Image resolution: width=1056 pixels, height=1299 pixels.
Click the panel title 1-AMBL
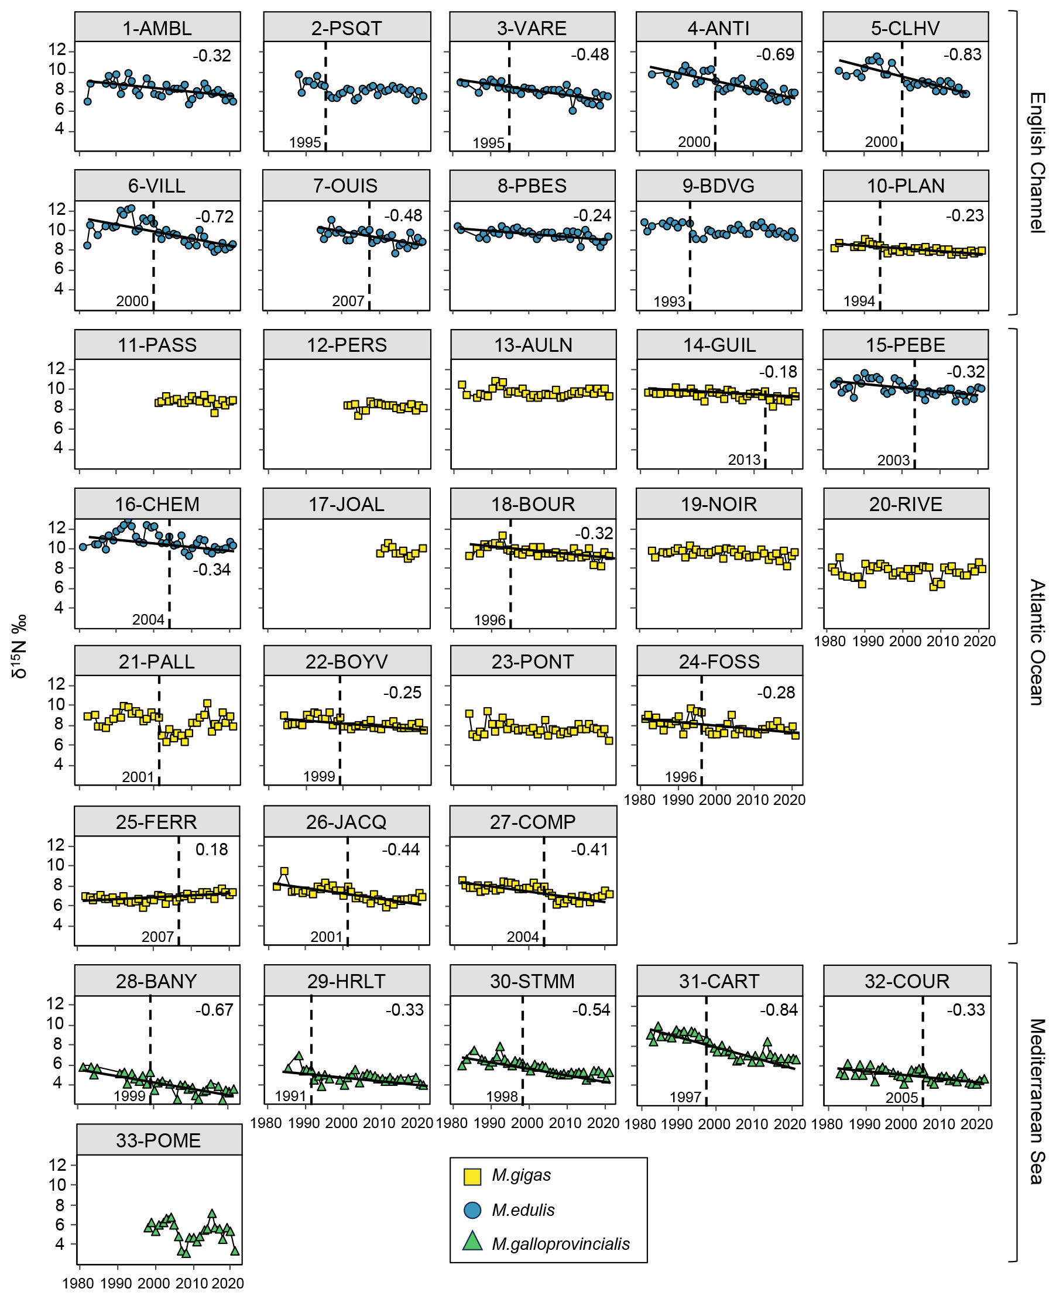pos(157,29)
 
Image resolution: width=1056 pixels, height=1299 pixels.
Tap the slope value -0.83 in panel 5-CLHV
pos(962,55)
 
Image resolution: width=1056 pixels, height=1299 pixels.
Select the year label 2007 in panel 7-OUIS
pos(348,301)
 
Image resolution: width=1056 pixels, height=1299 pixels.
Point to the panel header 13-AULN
pos(533,345)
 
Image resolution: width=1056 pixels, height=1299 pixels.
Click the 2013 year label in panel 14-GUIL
pos(744,460)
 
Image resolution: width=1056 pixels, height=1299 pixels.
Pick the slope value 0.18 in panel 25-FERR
pos(212,849)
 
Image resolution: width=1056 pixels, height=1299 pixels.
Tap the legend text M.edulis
pos(523,1209)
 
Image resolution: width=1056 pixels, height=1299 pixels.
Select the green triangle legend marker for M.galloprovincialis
pos(472,1242)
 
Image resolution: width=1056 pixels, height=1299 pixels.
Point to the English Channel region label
pos(1037,163)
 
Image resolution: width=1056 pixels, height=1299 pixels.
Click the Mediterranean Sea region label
pos(1037,1101)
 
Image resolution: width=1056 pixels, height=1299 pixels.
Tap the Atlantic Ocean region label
pos(1037,642)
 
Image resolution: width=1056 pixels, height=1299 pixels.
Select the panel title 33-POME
pos(158,1140)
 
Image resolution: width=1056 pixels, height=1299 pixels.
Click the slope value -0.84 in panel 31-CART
pos(779,1010)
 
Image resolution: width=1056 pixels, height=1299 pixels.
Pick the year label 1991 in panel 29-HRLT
pos(290,1096)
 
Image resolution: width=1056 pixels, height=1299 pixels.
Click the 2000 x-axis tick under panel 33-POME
pos(153,1284)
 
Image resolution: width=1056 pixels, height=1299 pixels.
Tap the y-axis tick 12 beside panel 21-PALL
pos(56,684)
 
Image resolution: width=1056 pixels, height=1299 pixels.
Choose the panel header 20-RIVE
pos(905,505)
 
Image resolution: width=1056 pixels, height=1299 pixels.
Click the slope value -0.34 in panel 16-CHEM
pos(212,570)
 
